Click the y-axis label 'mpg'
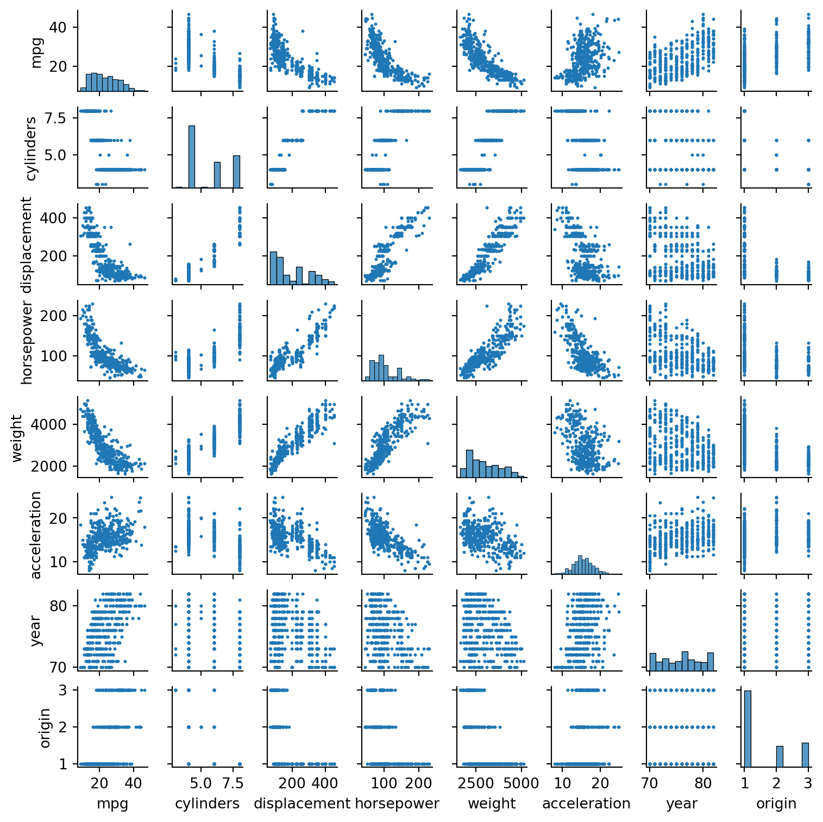[x=36, y=53]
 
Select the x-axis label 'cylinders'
[x=207, y=804]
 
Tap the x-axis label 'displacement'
[x=302, y=804]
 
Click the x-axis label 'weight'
[x=492, y=804]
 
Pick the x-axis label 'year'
[x=681, y=804]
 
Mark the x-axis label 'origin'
[x=776, y=804]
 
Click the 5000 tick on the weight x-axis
[x=521, y=783]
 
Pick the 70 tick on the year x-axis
[x=650, y=783]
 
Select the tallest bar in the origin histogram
[x=747, y=728]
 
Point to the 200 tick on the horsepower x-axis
[x=419, y=783]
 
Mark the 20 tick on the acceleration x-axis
[x=600, y=783]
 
